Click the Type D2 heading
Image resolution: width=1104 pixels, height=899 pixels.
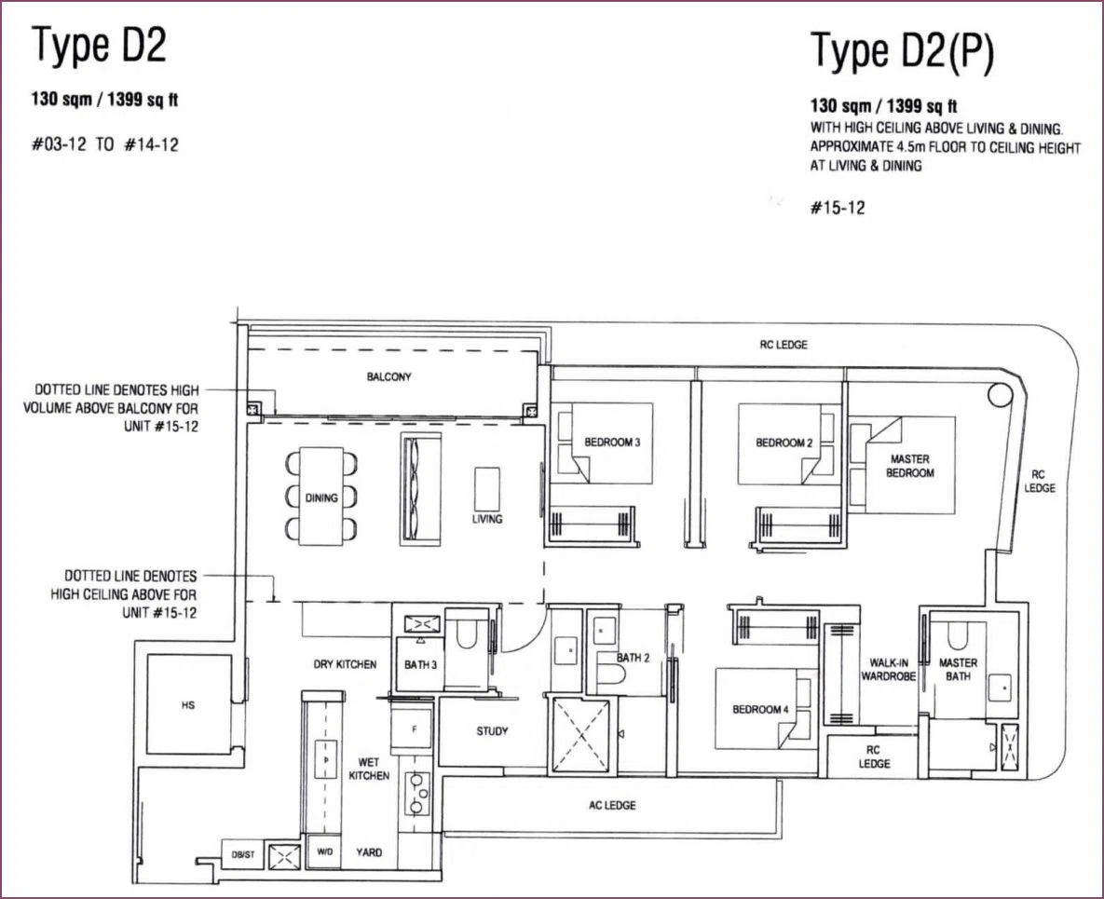coord(99,46)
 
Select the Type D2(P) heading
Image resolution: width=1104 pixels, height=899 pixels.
coord(902,51)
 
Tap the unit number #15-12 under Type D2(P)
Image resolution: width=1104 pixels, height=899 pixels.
coord(838,208)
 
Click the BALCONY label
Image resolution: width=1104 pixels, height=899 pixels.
coord(388,376)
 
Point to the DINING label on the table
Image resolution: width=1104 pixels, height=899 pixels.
coord(321,497)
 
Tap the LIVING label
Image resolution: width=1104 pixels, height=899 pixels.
coord(487,519)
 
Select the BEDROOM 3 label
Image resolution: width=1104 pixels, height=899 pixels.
coord(612,443)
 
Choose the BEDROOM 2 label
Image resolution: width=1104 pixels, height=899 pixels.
coord(784,443)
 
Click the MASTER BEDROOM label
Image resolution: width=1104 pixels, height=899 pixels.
coord(909,466)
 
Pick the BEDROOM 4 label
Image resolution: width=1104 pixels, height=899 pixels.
coord(760,709)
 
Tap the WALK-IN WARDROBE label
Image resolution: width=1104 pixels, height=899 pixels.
coord(889,670)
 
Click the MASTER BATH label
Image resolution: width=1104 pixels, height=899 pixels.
coord(958,670)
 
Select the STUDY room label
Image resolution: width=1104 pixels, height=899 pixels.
coord(492,730)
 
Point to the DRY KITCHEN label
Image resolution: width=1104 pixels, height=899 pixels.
coord(345,664)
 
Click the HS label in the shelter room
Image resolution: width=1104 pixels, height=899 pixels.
coord(188,704)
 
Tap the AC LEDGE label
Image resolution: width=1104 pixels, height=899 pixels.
coord(612,805)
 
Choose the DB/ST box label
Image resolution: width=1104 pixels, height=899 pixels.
coord(243,854)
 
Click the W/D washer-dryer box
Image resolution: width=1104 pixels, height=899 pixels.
coord(324,851)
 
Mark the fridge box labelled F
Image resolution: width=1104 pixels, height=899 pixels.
coord(414,730)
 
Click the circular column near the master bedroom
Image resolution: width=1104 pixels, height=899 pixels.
coord(1000,395)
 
